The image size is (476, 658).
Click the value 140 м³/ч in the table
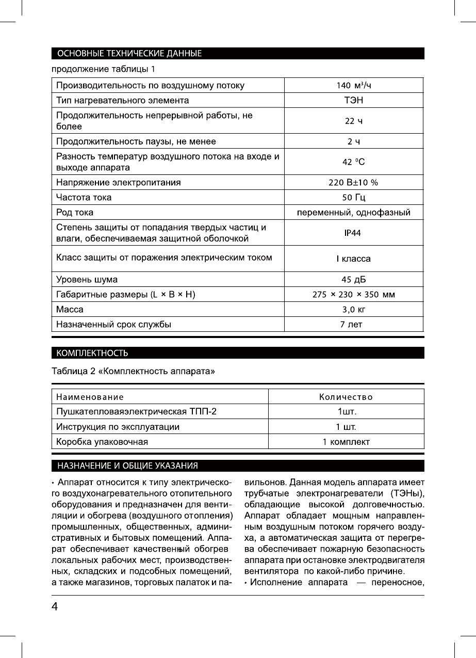[354, 85]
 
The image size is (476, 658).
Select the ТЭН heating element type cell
[354, 100]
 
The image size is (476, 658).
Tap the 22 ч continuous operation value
[354, 121]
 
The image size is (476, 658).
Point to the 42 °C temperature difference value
[354, 162]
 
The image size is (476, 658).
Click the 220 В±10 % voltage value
[354, 182]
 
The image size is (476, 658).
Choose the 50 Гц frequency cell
[354, 197]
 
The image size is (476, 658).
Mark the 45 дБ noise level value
[354, 280]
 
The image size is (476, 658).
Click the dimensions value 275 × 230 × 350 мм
[354, 295]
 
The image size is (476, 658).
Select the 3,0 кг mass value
[354, 310]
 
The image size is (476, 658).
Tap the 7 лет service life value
[354, 325]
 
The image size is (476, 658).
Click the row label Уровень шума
[87, 280]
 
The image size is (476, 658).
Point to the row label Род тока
[75, 212]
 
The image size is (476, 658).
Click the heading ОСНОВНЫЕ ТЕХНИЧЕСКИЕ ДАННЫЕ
[129, 53]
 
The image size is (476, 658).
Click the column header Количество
[346, 397]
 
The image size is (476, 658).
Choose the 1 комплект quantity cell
[346, 442]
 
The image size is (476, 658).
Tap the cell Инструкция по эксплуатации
[118, 427]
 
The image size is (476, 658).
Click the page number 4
[54, 607]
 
